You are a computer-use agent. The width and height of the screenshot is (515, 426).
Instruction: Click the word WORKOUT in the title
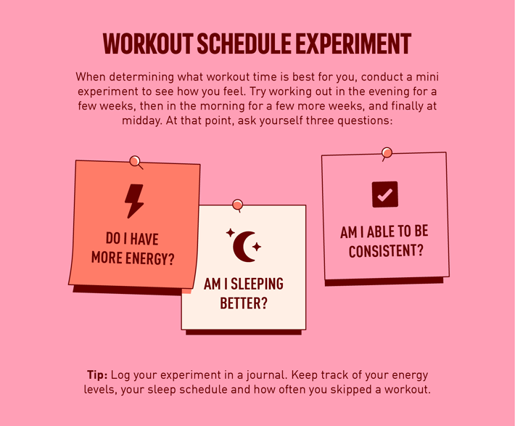pyautogui.click(x=148, y=44)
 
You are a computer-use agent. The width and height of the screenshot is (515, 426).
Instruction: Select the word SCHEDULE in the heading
pyautogui.click(x=244, y=44)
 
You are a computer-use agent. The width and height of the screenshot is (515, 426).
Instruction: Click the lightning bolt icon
pyautogui.click(x=134, y=201)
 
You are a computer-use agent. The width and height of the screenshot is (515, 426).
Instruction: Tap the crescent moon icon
pyautogui.click(x=244, y=247)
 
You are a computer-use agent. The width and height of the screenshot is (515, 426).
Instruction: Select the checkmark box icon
pyautogui.click(x=385, y=194)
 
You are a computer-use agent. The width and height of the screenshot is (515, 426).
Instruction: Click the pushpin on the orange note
pyautogui.click(x=135, y=162)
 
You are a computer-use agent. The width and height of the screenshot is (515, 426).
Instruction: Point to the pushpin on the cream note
pyautogui.click(x=237, y=205)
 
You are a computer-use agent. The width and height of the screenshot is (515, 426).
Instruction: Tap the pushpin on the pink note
pyautogui.click(x=387, y=153)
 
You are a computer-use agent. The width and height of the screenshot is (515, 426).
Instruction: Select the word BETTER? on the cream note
pyautogui.click(x=244, y=303)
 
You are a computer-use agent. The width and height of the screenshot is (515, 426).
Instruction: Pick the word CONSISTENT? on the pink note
pyautogui.click(x=386, y=251)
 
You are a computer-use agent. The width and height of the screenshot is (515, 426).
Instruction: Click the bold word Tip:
pyautogui.click(x=97, y=374)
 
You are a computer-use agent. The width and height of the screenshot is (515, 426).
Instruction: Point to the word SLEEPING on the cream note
pyautogui.click(x=257, y=284)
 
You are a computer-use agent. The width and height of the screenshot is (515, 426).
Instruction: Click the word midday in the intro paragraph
pyautogui.click(x=142, y=120)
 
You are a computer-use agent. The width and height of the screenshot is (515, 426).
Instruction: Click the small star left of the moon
pyautogui.click(x=230, y=233)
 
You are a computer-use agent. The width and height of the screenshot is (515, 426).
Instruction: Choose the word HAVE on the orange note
pyautogui.click(x=144, y=239)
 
